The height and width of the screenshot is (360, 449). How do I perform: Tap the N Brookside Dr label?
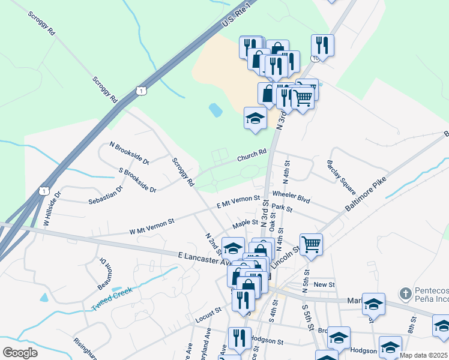(128, 153)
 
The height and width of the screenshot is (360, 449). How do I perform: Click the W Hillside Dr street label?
(52, 209)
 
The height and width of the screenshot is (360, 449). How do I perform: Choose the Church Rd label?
(251, 155)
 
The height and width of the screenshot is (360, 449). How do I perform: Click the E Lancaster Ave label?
(204, 259)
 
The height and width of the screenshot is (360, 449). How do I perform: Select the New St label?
(323, 284)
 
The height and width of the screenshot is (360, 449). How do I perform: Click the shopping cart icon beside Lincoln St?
(311, 244)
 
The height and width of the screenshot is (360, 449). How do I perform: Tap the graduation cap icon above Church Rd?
(255, 118)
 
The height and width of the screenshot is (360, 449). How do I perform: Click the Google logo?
(20, 353)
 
